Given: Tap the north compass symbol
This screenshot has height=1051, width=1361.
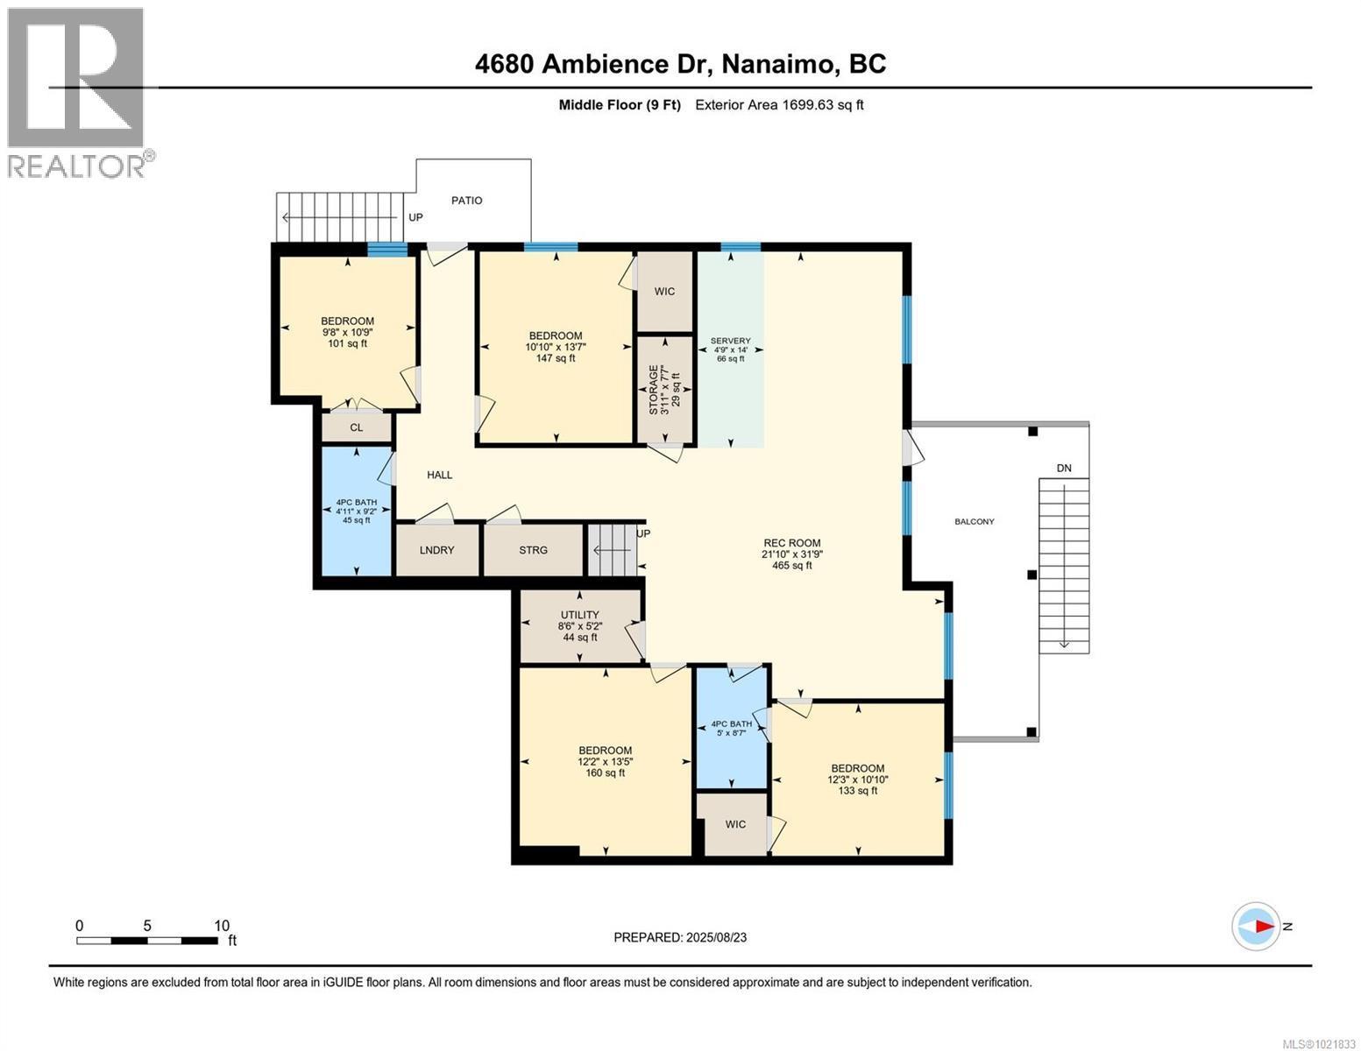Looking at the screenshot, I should (1256, 926).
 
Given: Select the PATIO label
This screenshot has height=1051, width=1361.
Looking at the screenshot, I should (466, 201).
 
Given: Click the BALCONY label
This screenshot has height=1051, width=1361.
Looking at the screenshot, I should (975, 522).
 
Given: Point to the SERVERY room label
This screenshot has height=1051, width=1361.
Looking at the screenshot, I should (730, 341).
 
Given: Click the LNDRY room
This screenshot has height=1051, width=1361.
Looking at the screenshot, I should (436, 550).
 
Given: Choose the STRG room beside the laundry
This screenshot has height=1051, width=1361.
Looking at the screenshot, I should (533, 550).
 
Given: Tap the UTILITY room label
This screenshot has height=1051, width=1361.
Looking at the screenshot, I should (579, 615).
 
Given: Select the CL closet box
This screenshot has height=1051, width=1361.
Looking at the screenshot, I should (356, 427).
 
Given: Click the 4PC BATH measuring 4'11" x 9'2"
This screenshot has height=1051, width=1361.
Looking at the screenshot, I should (356, 511).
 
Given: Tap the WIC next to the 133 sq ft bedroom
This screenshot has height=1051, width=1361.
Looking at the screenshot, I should (735, 824).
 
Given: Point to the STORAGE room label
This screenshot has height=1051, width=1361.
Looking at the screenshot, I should (654, 391).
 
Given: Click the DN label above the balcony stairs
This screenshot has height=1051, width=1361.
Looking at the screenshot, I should (1063, 469).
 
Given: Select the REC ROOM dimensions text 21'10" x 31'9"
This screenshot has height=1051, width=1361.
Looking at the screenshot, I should (792, 554).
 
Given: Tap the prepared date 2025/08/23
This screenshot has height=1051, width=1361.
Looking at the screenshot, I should (714, 937).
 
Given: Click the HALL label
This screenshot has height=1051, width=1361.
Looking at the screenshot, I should (439, 475).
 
